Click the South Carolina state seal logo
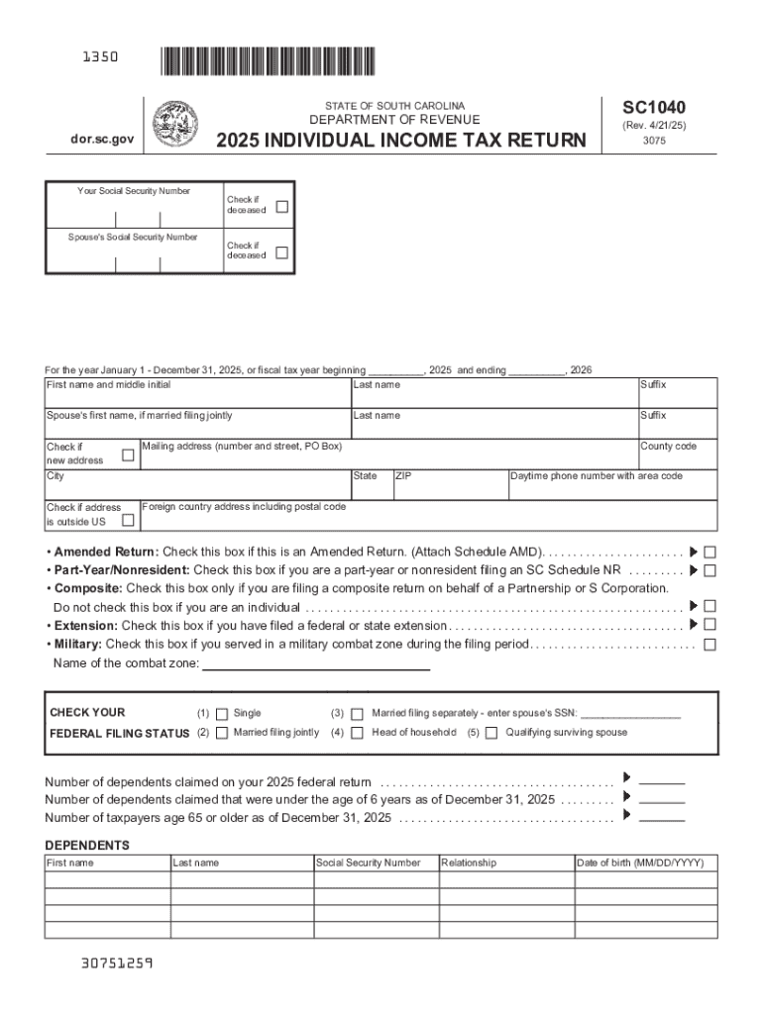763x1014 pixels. [x=175, y=125]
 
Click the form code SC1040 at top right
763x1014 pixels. [x=653, y=108]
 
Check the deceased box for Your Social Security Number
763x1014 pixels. [x=281, y=207]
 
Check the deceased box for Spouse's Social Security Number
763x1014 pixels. [x=281, y=253]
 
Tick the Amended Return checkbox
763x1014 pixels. [x=709, y=552]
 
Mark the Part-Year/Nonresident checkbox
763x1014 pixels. [x=709, y=570]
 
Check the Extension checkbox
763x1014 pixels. [x=709, y=625]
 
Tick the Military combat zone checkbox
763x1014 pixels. [x=709, y=645]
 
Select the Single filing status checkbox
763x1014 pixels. [x=222, y=713]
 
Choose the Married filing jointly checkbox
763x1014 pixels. [x=222, y=733]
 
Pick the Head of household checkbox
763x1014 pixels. [x=358, y=733]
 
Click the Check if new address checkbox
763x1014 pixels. [x=127, y=455]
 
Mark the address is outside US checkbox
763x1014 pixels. [x=127, y=520]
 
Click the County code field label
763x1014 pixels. [x=668, y=447]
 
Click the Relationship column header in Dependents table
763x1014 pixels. [x=469, y=863]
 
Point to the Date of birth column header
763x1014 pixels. [x=639, y=863]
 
